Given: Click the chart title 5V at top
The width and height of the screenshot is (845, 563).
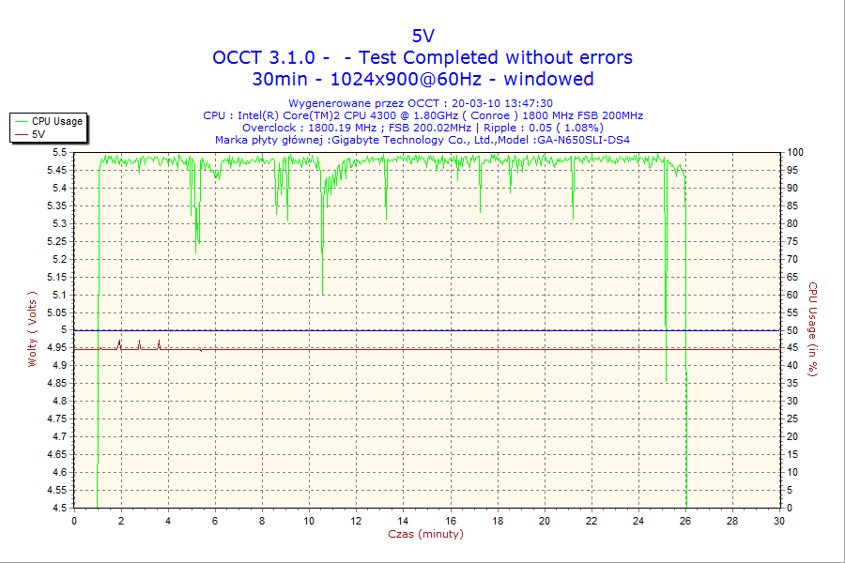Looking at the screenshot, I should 422,36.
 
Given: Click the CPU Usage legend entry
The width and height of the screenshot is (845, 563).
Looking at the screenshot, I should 56,121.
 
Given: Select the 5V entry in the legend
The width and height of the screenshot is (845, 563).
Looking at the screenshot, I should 38,134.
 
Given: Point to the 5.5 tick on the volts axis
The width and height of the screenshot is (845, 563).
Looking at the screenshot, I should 59,152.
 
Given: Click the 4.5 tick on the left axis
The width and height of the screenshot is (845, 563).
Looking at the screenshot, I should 59,509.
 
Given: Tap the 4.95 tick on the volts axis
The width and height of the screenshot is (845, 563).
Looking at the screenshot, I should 56,348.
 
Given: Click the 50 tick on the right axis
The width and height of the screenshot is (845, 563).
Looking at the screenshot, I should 792,330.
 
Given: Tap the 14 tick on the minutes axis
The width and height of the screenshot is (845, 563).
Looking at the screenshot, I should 403,521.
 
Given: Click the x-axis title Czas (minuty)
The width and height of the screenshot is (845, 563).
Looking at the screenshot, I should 425,534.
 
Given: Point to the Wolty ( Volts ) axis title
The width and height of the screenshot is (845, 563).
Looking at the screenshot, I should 32,328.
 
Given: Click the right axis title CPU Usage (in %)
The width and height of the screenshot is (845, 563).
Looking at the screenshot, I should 814,329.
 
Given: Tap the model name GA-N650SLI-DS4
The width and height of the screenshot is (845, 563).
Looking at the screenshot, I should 582,140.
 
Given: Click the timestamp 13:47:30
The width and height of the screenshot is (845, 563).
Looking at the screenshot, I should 529,103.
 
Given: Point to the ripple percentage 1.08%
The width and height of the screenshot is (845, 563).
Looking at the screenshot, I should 581,128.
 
